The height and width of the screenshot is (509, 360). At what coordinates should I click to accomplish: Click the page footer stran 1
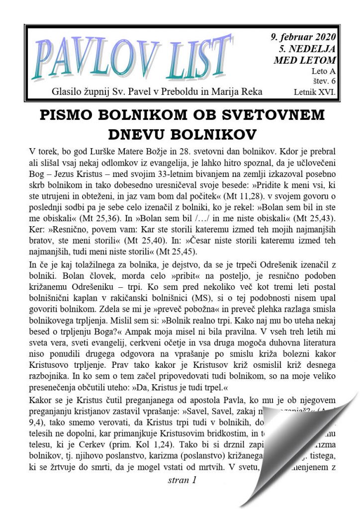coord(182,480)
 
